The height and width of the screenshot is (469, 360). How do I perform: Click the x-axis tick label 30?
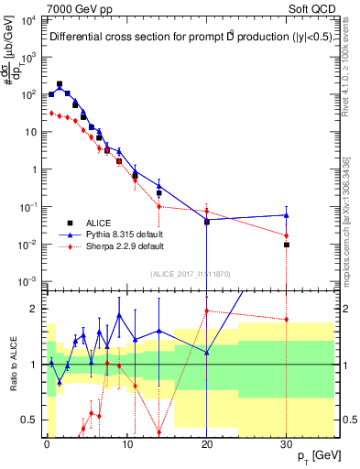pyautogui.click(x=287, y=442)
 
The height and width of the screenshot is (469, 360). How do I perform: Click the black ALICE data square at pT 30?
pyautogui.click(x=287, y=245)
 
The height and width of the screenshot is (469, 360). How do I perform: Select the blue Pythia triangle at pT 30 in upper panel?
pyautogui.click(x=287, y=215)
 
